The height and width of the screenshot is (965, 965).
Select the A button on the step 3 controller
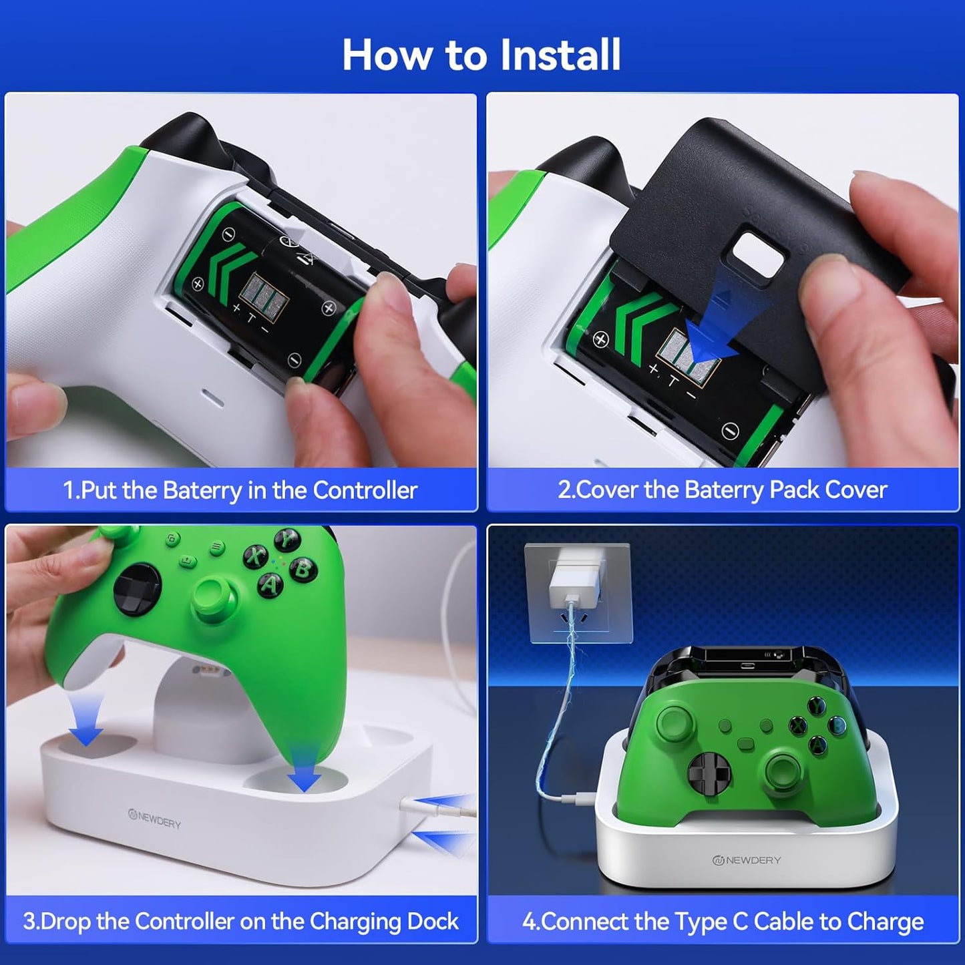(x=270, y=584)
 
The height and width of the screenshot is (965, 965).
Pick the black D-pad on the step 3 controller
(x=137, y=589)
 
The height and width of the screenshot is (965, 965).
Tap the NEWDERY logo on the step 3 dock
(x=154, y=819)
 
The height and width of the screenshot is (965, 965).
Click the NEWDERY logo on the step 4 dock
(x=746, y=860)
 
